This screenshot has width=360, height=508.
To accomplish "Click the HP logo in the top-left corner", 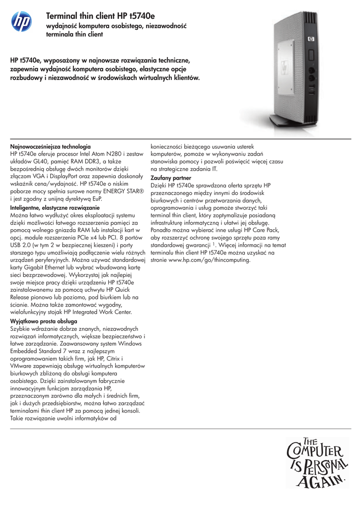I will point(21,21).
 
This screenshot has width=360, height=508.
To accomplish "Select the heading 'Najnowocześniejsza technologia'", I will point(51,147).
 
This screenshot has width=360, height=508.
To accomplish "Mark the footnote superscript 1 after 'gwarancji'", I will point(214,244).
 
